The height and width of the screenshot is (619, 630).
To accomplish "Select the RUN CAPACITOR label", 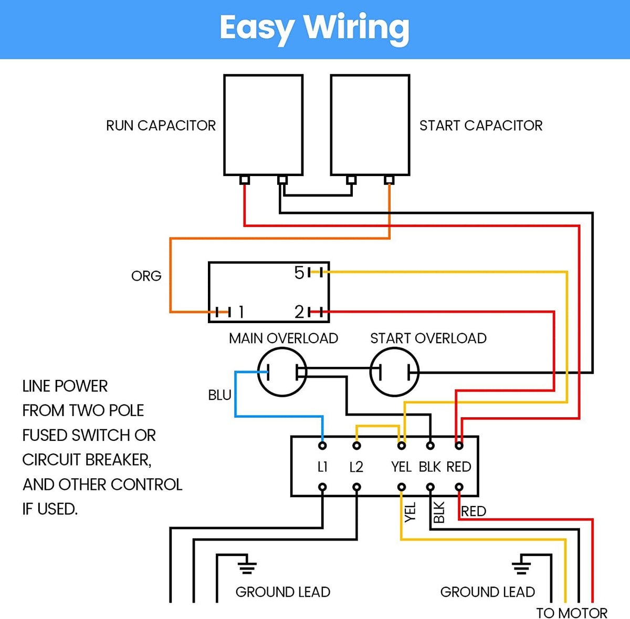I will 161,126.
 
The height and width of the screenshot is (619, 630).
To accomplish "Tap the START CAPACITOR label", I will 480,126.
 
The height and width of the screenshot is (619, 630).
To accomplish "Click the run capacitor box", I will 263,125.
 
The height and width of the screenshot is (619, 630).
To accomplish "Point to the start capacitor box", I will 370,125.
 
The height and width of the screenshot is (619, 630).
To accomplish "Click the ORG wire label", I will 146,276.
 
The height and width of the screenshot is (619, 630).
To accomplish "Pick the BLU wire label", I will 219,395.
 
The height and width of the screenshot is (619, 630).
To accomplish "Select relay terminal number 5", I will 299,273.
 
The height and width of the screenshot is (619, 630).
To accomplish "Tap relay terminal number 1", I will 240,312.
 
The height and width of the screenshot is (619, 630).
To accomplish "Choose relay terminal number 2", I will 299,312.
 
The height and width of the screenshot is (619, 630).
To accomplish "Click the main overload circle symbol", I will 282,372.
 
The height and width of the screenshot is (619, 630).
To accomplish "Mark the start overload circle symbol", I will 395,372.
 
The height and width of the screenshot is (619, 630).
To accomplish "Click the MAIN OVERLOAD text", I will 283,338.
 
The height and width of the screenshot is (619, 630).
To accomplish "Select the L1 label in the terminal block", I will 322,467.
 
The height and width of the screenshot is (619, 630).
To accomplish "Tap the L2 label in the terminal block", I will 356,467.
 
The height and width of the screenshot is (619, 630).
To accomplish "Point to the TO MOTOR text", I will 571,613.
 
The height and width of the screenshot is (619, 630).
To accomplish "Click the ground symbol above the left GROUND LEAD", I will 247,566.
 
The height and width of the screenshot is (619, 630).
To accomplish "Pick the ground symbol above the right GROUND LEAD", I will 521,566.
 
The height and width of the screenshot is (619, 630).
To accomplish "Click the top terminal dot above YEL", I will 402,446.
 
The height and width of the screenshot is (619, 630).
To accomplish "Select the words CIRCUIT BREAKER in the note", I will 87,460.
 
